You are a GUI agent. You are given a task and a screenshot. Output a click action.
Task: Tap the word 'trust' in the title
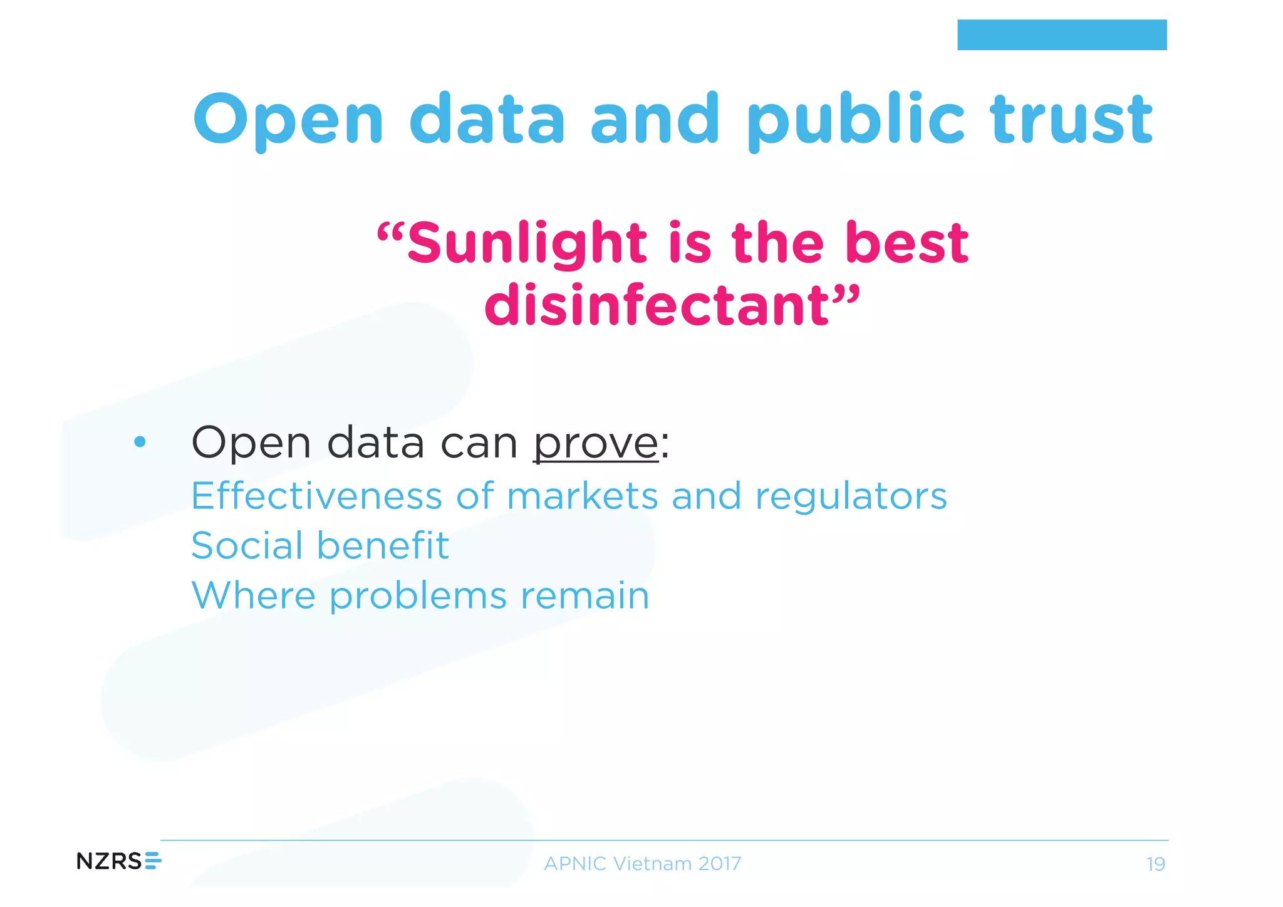1071,119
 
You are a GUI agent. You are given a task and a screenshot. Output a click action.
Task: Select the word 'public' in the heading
855,119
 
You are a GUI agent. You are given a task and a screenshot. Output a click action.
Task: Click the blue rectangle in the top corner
1061,34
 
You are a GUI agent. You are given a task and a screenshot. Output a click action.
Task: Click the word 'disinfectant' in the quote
658,305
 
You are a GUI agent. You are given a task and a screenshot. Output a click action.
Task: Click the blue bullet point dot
140,442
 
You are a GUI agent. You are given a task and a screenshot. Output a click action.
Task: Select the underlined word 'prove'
595,443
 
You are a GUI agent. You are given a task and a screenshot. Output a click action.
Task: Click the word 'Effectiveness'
316,496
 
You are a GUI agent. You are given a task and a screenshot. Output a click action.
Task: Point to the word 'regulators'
851,497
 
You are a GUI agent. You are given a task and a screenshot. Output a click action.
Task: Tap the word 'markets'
582,496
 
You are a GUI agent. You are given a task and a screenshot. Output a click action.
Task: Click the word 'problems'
418,596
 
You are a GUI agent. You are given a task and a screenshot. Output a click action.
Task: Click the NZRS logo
118,861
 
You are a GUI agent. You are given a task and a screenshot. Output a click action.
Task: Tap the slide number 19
1155,864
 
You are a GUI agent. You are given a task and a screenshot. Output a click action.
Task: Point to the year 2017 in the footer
719,864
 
